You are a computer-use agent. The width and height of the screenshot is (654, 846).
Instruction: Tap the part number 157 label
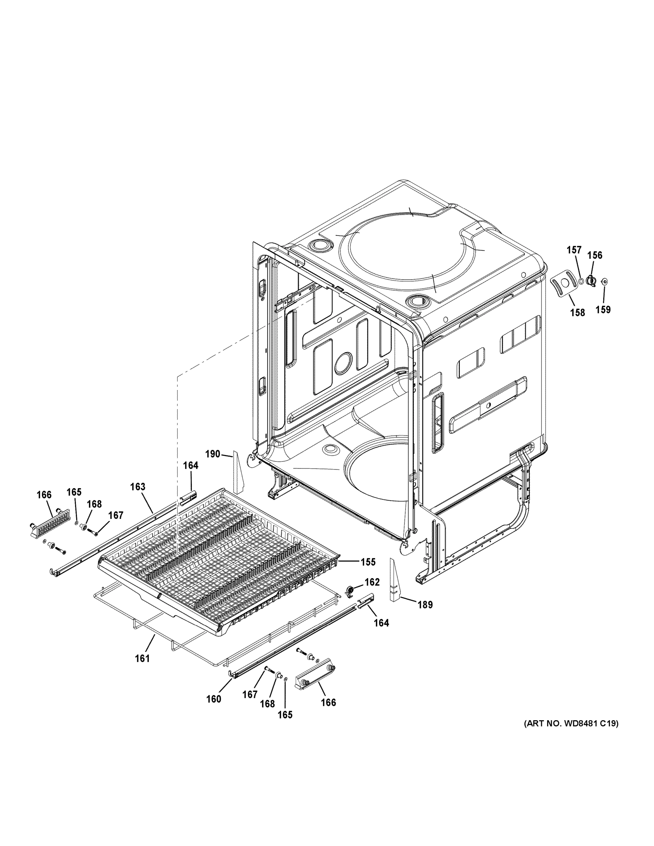point(574,250)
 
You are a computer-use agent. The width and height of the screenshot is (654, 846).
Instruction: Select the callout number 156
point(595,255)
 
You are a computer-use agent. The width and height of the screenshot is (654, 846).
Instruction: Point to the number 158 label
point(577,312)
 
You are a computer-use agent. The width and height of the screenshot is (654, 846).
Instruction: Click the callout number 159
point(603,309)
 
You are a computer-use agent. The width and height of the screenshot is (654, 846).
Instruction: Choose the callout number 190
point(213,454)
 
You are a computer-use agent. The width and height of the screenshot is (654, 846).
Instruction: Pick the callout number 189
point(425,604)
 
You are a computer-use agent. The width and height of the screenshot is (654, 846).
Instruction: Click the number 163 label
point(137,487)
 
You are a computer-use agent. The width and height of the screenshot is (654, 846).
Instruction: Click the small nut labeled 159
point(604,282)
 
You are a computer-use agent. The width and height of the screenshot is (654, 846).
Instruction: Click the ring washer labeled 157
point(581,281)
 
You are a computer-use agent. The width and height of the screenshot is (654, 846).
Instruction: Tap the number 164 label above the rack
point(191,465)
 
